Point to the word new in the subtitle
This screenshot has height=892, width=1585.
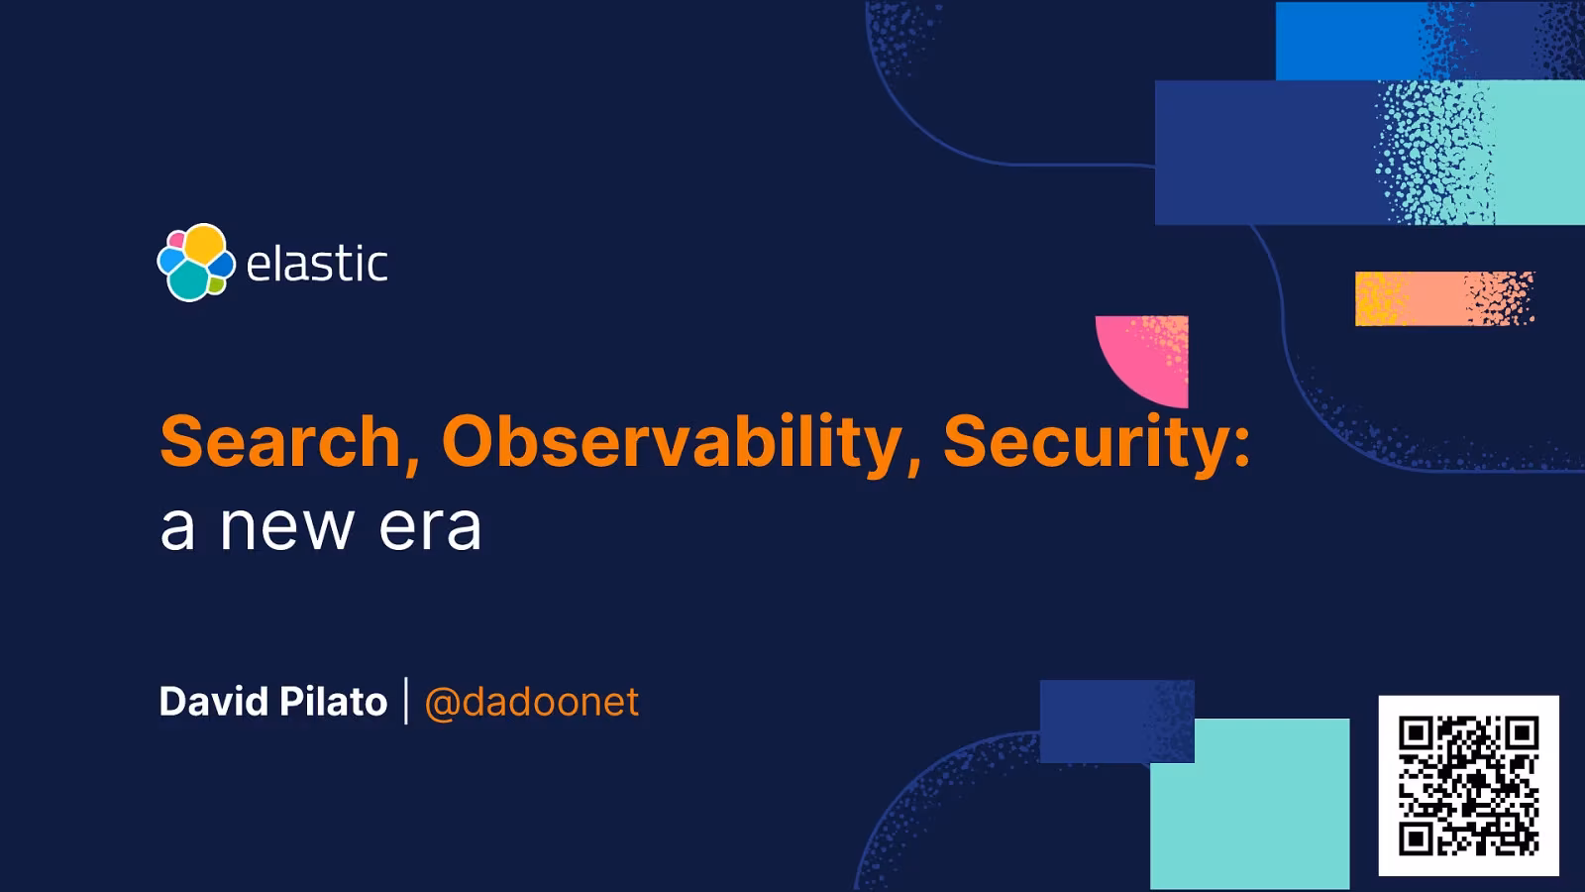click(286, 527)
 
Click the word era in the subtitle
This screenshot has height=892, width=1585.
click(430, 527)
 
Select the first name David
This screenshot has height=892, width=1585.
click(213, 702)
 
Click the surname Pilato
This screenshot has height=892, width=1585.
click(333, 702)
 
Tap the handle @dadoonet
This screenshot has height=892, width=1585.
click(531, 702)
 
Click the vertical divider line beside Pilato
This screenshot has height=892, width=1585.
click(406, 701)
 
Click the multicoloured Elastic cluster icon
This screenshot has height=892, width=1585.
click(196, 263)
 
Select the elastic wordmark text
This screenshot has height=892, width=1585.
click(316, 264)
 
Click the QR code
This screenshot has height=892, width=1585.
click(1468, 786)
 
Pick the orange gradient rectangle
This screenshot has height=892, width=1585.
click(1442, 298)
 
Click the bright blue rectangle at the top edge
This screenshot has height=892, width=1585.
click(1347, 40)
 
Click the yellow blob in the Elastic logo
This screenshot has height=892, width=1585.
click(205, 245)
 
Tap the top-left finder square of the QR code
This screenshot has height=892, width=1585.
click(1416, 734)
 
